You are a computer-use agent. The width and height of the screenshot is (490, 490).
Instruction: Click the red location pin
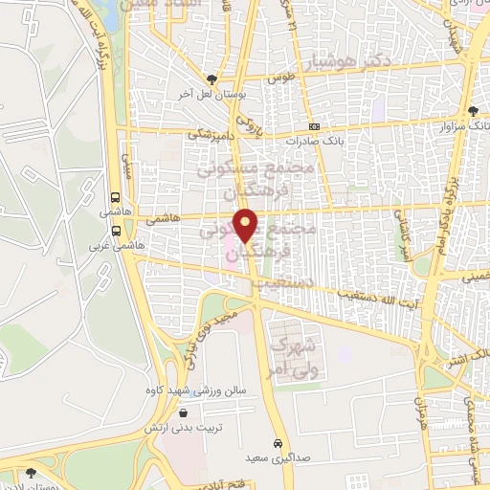pyautogui.click(x=247, y=224)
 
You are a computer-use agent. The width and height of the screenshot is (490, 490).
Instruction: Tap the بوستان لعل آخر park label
pyautogui.click(x=211, y=95)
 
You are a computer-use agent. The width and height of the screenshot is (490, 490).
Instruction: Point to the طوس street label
pyautogui.click(x=278, y=79)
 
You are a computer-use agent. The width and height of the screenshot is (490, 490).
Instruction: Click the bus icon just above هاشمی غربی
pyautogui.click(x=116, y=230)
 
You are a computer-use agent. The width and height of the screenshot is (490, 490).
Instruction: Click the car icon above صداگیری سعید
pyautogui.click(x=277, y=444)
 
